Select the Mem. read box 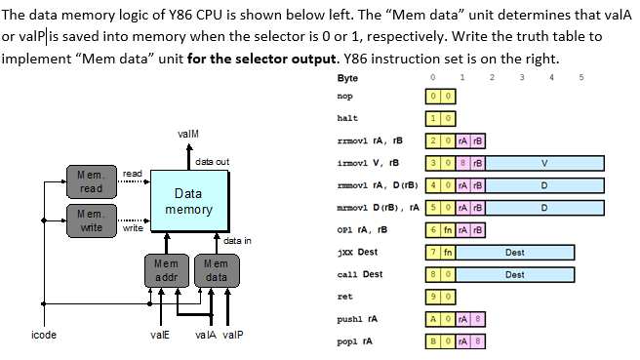coord(90,180)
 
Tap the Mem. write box coord(90,220)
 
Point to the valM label coord(189,133)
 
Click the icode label coord(44,335)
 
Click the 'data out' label coord(212,160)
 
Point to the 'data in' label coord(238,241)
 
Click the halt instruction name coord(346,117)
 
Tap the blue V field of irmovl coord(542,162)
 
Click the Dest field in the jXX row coord(514,252)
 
